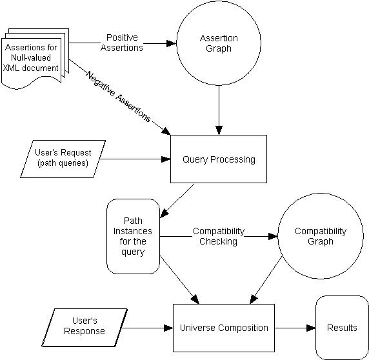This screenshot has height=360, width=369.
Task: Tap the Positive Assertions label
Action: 122,43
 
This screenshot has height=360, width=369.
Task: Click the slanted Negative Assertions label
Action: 118,97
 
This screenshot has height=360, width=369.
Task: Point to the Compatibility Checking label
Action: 219,236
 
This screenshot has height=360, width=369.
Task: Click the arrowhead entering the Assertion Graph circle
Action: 172,43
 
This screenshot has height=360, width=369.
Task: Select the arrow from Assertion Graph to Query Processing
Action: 219,110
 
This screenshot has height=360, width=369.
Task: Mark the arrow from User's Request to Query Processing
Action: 135,159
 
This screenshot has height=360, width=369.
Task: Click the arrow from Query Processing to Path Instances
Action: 177,201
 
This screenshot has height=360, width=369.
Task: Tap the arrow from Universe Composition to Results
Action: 295,328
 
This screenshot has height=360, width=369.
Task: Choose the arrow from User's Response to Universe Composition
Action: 148,328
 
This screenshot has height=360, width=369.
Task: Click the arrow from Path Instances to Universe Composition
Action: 179,280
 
